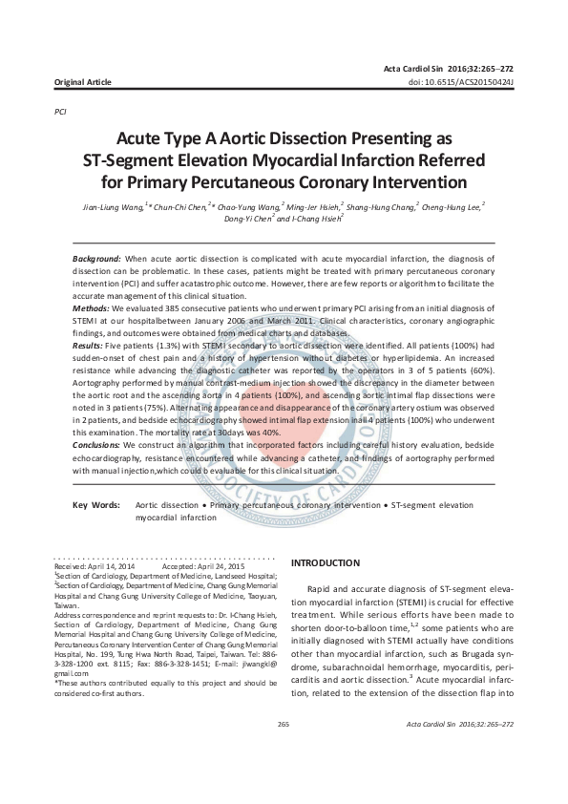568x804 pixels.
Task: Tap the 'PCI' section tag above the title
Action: click(61, 112)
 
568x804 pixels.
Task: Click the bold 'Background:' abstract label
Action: click(96, 260)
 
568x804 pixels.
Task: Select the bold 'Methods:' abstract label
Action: click(92, 309)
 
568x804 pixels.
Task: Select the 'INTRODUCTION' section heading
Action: click(325, 563)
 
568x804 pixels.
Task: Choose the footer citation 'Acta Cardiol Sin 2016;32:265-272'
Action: click(459, 752)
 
